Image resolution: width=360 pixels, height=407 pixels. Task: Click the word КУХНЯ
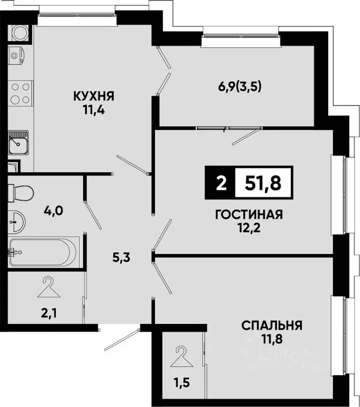pos(94,96)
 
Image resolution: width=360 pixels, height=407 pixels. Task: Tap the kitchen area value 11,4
pos(94,110)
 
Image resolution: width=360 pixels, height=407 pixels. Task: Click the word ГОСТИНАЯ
pos(249,215)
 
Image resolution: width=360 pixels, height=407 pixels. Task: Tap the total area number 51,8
pos(263,183)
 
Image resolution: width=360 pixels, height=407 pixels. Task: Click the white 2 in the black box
pos(220,183)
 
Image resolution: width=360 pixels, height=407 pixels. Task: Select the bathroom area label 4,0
pos(53,211)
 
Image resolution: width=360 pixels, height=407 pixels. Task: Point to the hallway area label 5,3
pos(121,258)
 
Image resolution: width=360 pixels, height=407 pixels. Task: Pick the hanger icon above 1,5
pos(182,355)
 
